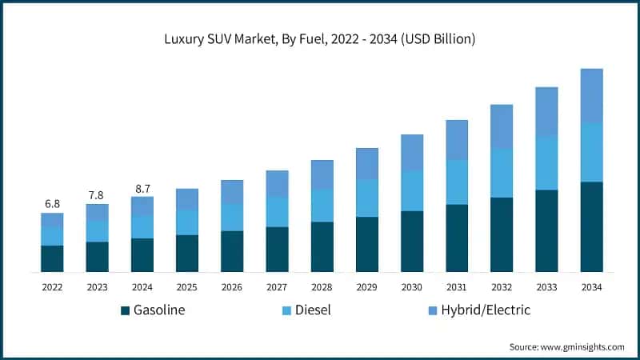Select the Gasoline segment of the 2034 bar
coord(591,227)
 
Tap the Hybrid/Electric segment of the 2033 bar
coord(546,111)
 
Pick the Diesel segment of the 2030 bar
coord(411,190)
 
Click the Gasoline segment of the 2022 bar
coord(52,258)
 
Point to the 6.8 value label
coord(52,203)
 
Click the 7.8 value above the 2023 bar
coord(97,194)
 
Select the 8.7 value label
coord(142,188)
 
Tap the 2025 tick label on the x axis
coord(186,286)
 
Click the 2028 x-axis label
coord(322,286)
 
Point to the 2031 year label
coord(456,286)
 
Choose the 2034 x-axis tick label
coord(591,286)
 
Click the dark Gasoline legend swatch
coord(125,310)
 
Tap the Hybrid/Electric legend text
coord(485,310)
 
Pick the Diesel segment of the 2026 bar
coord(232,217)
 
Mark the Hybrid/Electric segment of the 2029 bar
coord(366,163)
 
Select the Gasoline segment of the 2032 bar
coord(502,234)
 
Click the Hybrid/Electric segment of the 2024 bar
coord(142,206)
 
